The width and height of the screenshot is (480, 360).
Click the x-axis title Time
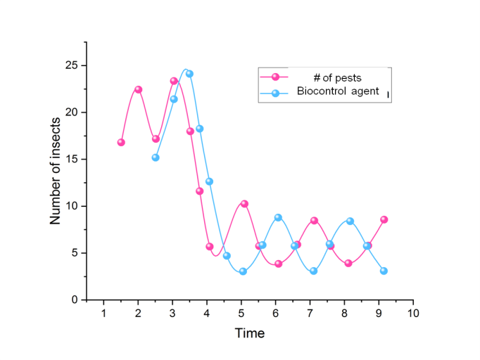(250, 333)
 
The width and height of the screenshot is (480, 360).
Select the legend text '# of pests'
(337, 77)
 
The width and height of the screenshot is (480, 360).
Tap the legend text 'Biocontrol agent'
(337, 91)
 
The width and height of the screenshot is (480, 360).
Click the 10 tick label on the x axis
(412, 313)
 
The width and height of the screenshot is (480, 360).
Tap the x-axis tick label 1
(103, 313)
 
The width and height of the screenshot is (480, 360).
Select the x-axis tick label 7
(310, 313)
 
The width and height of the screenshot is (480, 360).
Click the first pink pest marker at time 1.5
(121, 142)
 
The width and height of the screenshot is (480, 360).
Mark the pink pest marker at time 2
(138, 89)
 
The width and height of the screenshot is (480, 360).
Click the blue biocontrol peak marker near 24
(189, 74)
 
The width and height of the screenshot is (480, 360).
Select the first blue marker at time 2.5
(156, 157)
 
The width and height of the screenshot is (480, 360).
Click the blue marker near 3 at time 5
(243, 271)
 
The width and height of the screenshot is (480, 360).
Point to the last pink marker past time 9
(384, 219)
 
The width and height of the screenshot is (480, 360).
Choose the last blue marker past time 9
(384, 271)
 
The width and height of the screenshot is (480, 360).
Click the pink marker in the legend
(275, 77)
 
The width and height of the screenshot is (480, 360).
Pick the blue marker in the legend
(275, 92)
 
